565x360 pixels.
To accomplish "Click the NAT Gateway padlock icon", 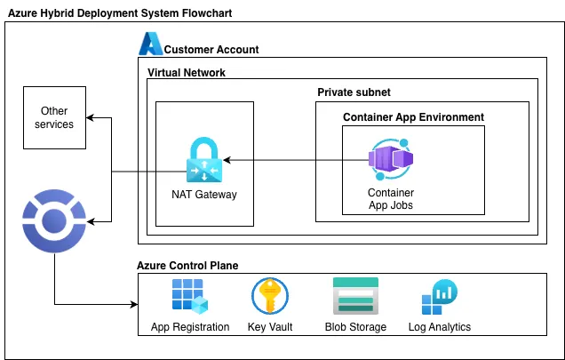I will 204,160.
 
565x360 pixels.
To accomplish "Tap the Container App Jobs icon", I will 390,159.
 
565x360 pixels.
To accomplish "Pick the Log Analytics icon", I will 440,298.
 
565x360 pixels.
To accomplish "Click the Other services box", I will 54,117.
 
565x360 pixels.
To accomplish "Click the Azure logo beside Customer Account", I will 150,44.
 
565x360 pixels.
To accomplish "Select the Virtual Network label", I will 187,73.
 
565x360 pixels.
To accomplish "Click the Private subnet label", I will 354,92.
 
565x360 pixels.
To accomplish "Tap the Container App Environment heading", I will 413,116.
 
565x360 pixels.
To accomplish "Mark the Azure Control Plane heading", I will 187,265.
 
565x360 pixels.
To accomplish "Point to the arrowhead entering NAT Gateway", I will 226,161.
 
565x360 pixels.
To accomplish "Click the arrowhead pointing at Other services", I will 91,117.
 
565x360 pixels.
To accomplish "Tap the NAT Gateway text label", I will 204,195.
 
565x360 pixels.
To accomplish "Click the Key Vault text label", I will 270,327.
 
